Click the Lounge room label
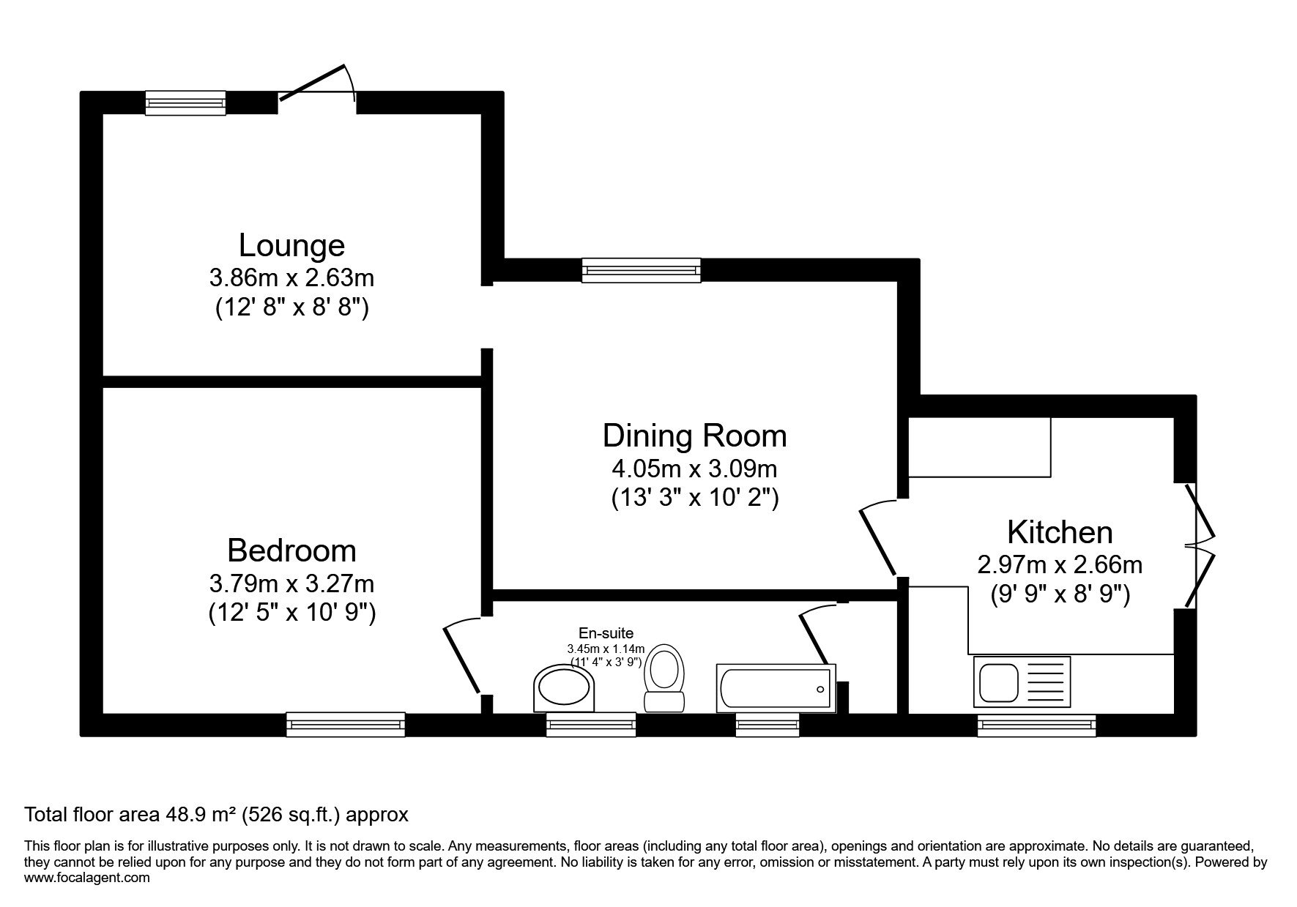(x=291, y=245)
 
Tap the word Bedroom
(x=291, y=550)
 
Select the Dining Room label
(x=694, y=436)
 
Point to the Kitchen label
(x=1060, y=532)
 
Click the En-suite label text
(x=606, y=633)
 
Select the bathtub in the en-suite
(x=775, y=688)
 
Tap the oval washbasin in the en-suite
(x=563, y=688)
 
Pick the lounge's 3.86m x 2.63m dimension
(x=291, y=278)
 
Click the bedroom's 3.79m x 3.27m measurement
(x=291, y=583)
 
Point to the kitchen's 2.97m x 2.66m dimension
(x=1060, y=565)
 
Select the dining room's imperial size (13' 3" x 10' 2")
(x=694, y=499)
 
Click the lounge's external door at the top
(x=317, y=92)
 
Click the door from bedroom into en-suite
(x=463, y=654)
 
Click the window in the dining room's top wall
(x=641, y=270)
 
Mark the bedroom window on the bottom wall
(x=345, y=724)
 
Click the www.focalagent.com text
(x=87, y=878)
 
